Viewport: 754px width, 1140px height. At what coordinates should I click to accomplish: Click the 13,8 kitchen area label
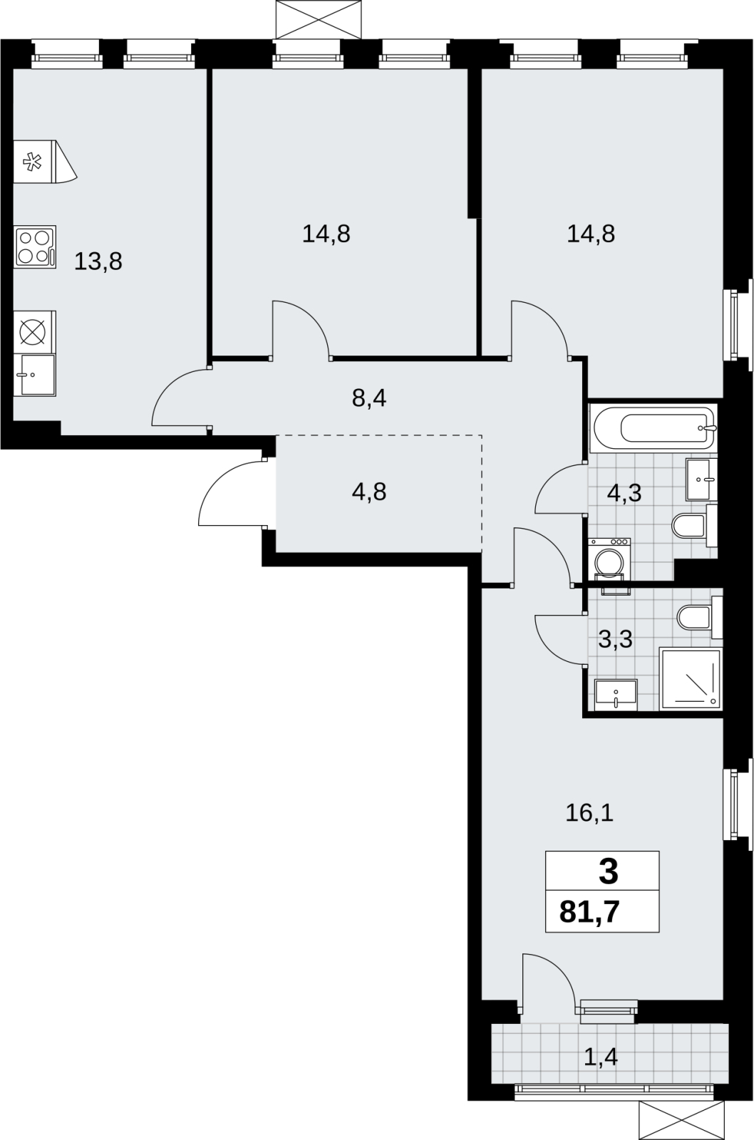pyautogui.click(x=98, y=262)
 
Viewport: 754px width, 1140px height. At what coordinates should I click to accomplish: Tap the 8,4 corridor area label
pyautogui.click(x=369, y=398)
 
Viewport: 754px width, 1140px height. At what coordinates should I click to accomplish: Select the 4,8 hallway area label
pyautogui.click(x=369, y=492)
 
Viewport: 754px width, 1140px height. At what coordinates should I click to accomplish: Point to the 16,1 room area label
pyautogui.click(x=589, y=813)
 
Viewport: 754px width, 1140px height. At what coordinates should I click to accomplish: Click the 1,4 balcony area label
pyautogui.click(x=601, y=1057)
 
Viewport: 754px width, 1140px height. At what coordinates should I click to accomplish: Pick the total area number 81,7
pyautogui.click(x=589, y=911)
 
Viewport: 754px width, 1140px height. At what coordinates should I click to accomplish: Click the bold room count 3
pyautogui.click(x=609, y=871)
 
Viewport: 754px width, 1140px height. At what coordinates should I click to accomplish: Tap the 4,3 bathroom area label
pyautogui.click(x=624, y=493)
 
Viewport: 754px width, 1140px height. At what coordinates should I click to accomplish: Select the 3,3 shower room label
pyautogui.click(x=616, y=639)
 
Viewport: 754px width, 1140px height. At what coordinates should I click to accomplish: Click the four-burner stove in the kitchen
pyautogui.click(x=35, y=247)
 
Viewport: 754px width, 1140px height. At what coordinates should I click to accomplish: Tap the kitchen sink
pyautogui.click(x=35, y=375)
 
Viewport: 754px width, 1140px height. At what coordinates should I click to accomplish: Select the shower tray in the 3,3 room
pyautogui.click(x=691, y=679)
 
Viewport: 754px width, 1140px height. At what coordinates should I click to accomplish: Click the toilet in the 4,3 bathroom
pyautogui.click(x=694, y=526)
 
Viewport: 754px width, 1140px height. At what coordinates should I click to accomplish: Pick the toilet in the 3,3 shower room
pyautogui.click(x=700, y=617)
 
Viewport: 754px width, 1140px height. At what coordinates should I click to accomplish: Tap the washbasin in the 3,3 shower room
pyautogui.click(x=616, y=695)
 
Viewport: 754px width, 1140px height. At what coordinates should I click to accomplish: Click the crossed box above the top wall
pyautogui.click(x=318, y=19)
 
